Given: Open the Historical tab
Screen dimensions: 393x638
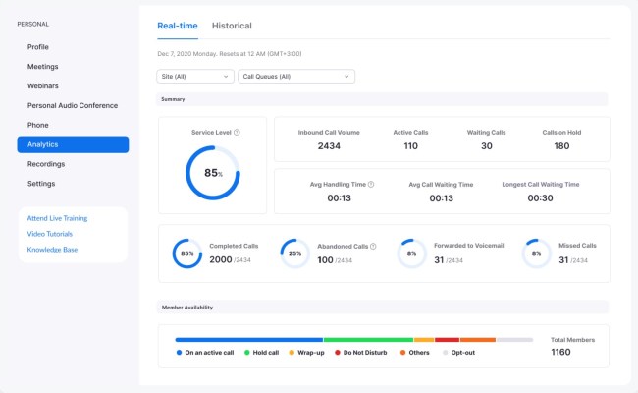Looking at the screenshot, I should point(232,26).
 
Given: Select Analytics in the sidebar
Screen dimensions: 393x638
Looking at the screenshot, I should point(73,144).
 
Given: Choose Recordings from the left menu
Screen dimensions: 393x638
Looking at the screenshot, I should point(46,164).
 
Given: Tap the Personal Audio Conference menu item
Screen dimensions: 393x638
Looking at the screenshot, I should point(73,105).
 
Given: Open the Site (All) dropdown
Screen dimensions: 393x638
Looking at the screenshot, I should point(195,76).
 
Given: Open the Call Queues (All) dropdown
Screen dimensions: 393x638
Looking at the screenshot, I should point(296,76).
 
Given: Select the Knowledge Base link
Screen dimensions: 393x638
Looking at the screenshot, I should point(52,250).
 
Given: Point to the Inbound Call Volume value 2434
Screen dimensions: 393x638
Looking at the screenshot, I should point(329,146).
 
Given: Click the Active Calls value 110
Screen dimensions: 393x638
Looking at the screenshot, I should point(410,146).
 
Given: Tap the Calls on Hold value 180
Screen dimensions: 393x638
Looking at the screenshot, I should point(561,146).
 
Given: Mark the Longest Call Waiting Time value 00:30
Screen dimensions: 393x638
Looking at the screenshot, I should point(541,197).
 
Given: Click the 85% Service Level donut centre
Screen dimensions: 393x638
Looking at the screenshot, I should point(212,172).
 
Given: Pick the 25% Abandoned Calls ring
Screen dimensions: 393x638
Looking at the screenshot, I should point(295,253).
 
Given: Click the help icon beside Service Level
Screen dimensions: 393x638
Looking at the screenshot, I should point(237,132).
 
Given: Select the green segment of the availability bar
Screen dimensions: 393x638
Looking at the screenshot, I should point(368,340).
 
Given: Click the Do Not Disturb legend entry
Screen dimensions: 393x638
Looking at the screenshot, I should point(362,352).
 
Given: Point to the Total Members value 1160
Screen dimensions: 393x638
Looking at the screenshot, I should point(560,352).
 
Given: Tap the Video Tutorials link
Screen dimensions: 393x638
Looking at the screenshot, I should point(51,234).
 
